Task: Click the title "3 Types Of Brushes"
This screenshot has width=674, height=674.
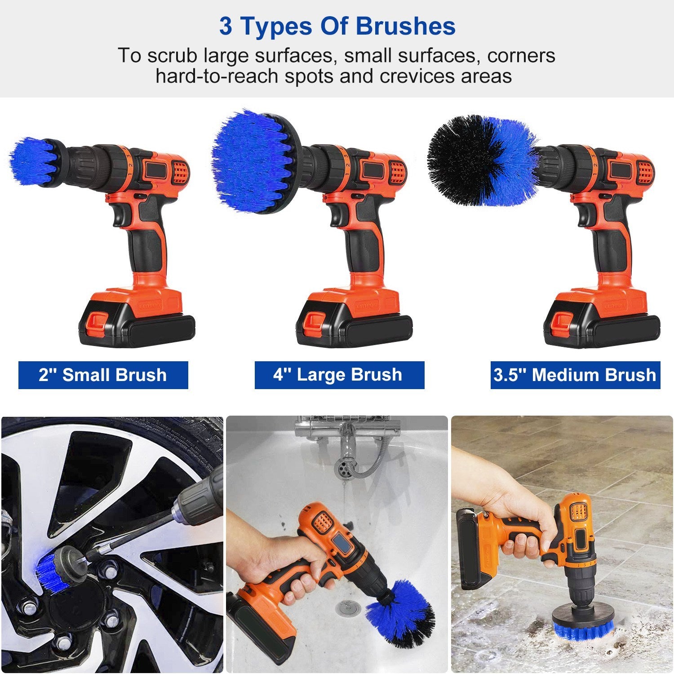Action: [337, 26]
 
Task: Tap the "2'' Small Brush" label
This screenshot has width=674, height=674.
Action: [103, 375]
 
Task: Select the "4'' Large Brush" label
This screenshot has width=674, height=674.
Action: [339, 375]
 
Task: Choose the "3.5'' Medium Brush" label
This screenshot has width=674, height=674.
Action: [575, 375]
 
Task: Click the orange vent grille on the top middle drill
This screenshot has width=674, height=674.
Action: [398, 173]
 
